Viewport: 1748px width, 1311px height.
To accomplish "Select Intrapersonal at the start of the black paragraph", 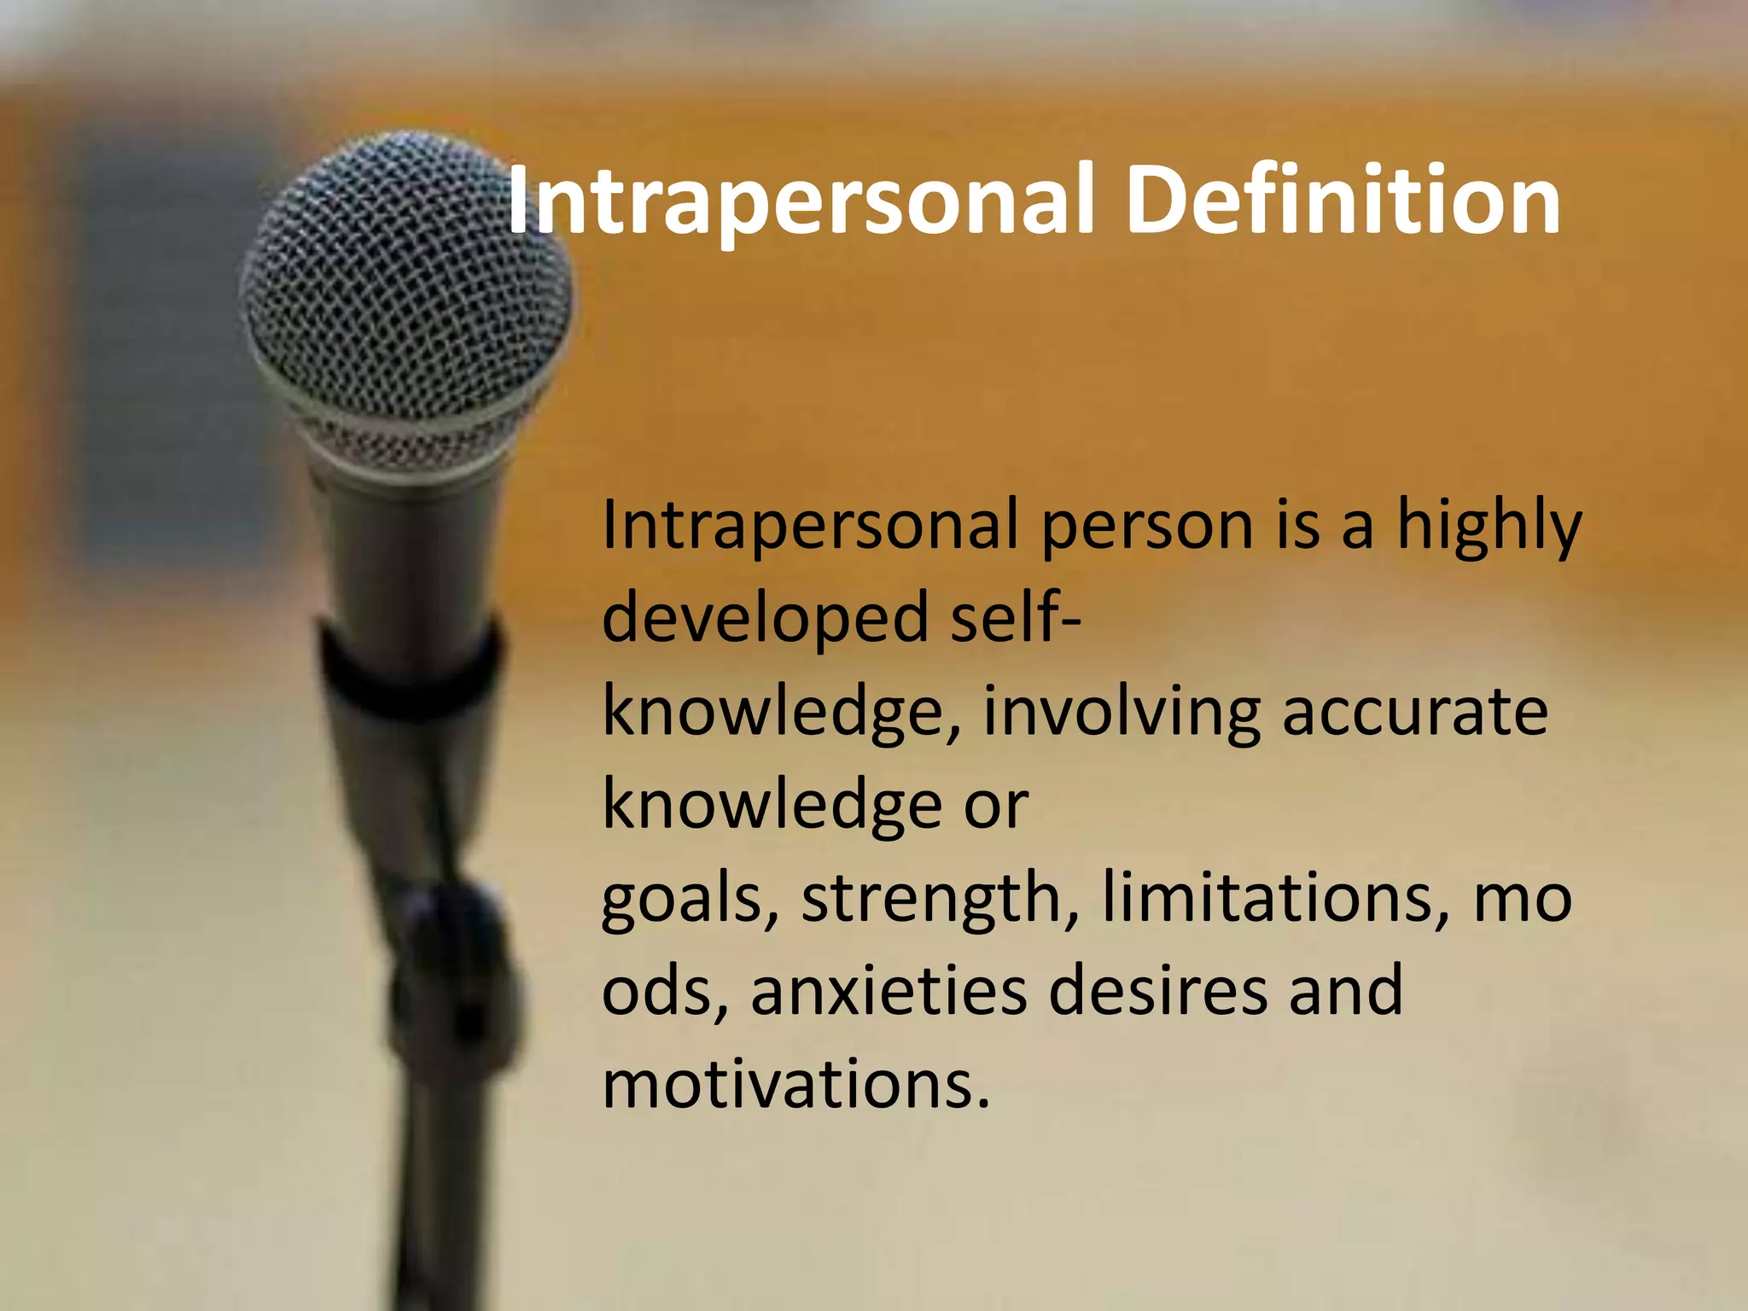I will (x=810, y=525).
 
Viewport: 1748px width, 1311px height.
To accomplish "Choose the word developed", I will (x=765, y=619).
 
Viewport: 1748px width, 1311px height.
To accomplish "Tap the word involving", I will (x=1122, y=713).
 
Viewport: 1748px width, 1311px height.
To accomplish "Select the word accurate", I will (x=1414, y=713).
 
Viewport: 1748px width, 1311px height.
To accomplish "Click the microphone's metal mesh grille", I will (x=401, y=273).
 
